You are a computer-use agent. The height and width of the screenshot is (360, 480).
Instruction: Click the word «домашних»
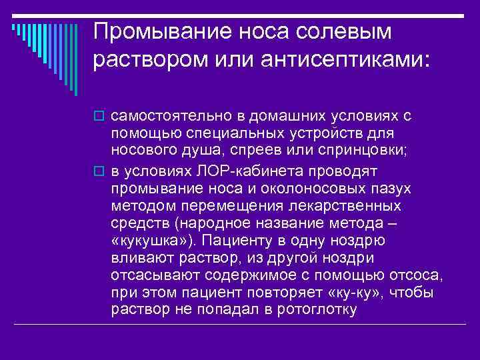coord(263,115)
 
